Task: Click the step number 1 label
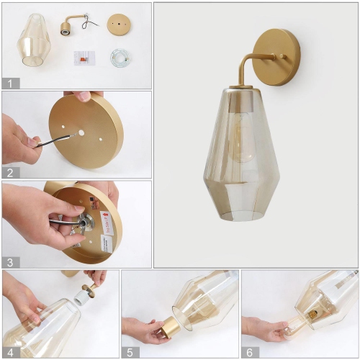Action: pyautogui.click(x=9, y=83)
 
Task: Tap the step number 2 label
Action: pyautogui.click(x=9, y=172)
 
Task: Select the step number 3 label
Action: pyautogui.click(x=9, y=262)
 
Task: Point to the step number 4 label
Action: pyautogui.click(x=9, y=351)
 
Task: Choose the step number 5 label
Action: pyautogui.click(x=129, y=351)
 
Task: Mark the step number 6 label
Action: pyautogui.click(x=249, y=351)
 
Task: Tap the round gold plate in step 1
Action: pyautogui.click(x=119, y=24)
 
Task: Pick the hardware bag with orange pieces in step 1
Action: pyautogui.click(x=84, y=58)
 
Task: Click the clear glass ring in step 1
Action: pyautogui.click(x=120, y=58)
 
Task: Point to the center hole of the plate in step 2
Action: pyautogui.click(x=81, y=133)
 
